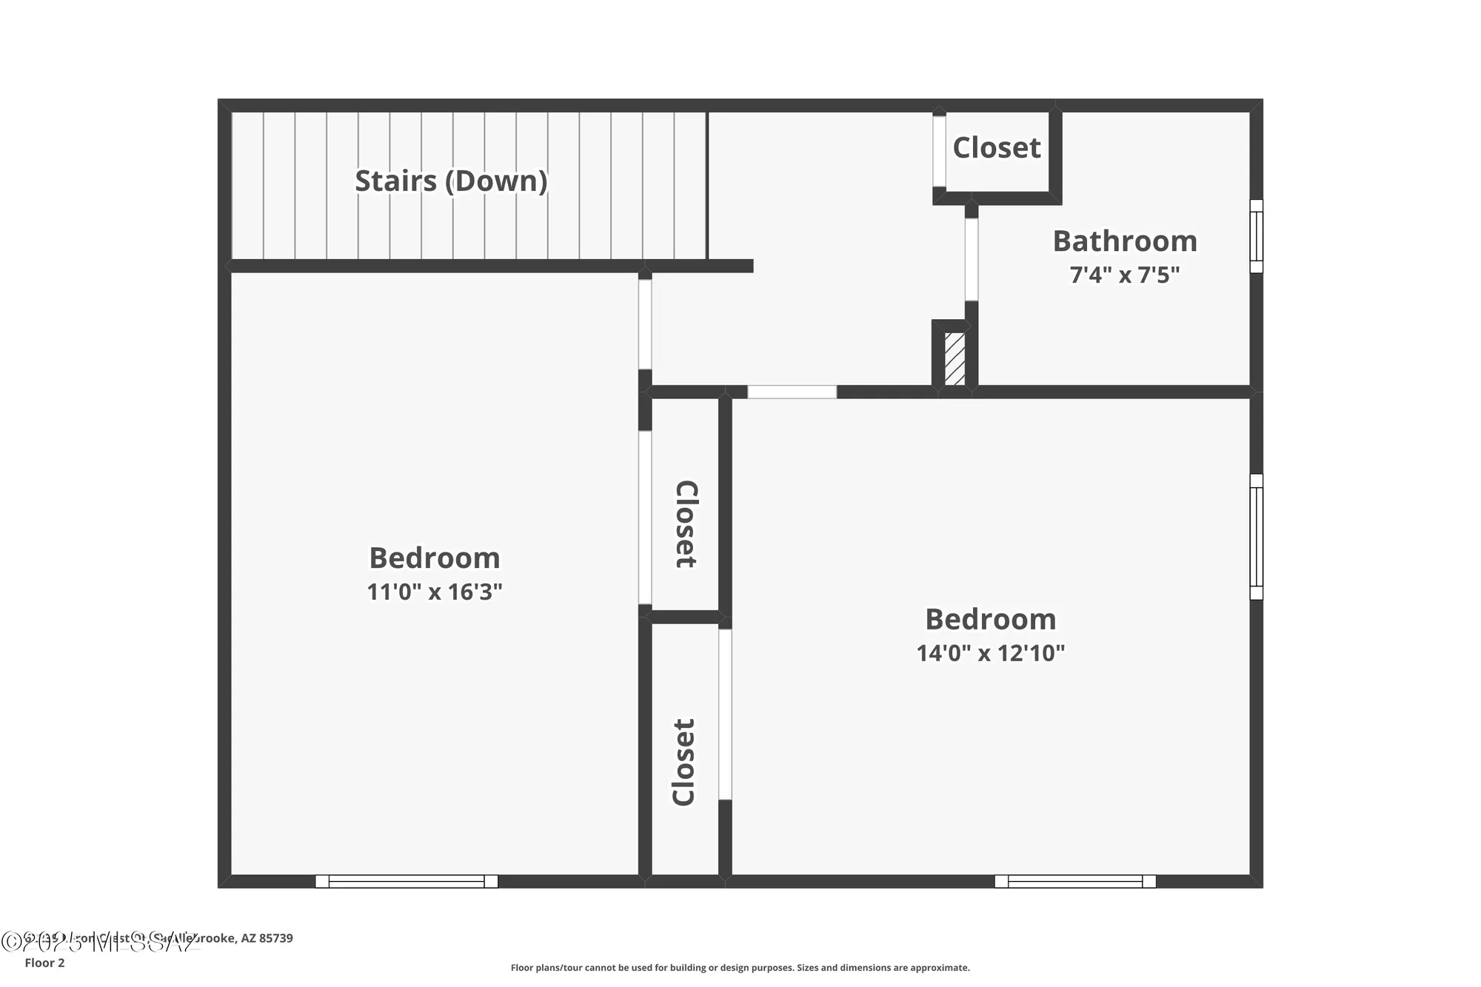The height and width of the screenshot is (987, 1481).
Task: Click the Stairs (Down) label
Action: coord(451,181)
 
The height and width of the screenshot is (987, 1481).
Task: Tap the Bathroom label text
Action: coord(1124,241)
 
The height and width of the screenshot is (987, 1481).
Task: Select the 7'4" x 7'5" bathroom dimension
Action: coord(1124,275)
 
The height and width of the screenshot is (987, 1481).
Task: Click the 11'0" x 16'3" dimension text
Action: coord(435,592)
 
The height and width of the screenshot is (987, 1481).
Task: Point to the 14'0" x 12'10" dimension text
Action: coord(990,653)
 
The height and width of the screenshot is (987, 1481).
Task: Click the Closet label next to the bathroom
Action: coord(996,148)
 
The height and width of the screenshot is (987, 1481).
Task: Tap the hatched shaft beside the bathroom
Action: coord(955,359)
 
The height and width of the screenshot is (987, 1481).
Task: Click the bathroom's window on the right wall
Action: coord(1256,236)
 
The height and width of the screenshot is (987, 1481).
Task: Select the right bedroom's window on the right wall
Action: coord(1256,537)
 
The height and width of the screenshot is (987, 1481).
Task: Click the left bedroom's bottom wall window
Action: coord(407,881)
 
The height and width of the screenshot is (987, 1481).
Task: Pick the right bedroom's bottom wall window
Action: coord(1074,881)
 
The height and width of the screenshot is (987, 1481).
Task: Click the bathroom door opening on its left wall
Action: coord(971,259)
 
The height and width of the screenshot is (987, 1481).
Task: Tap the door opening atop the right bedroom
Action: coord(792,392)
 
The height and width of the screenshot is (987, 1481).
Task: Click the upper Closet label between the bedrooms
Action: coord(686,524)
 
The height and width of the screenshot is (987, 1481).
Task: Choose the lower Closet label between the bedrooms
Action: coord(683,762)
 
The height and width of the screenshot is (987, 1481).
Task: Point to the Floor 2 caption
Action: coord(44,963)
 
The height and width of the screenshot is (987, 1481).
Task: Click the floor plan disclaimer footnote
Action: coord(740,968)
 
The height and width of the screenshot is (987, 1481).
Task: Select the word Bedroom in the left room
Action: coord(435,558)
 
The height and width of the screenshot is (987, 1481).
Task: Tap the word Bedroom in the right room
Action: coord(990,620)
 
